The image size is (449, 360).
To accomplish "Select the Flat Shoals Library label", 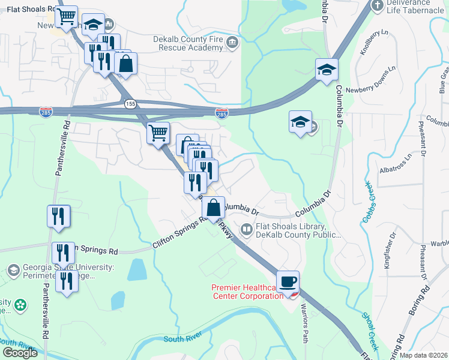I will click(291, 231).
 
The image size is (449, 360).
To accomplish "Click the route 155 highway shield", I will click(130, 104).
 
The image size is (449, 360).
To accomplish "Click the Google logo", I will click(20, 352).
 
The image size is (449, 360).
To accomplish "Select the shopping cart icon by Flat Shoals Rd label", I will click(67, 17).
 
